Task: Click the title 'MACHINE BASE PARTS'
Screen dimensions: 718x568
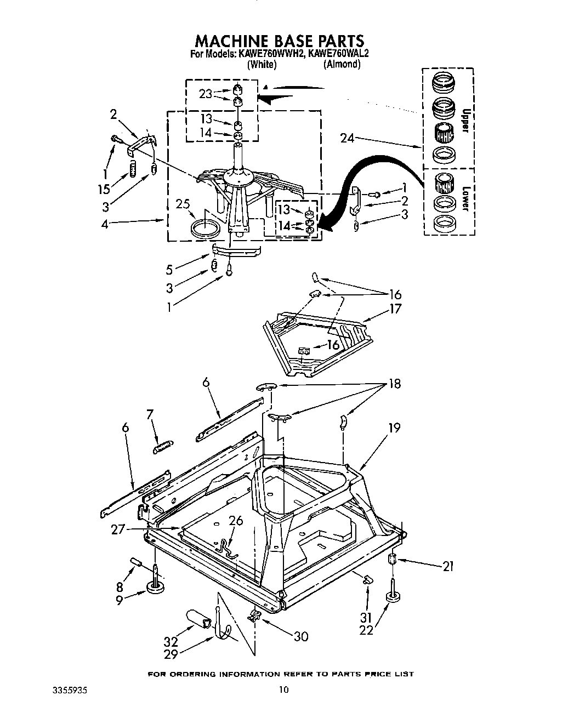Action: [279, 41]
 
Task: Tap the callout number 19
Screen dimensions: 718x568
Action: [394, 428]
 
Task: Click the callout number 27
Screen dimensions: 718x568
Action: [118, 528]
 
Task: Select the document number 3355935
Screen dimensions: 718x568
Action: [65, 690]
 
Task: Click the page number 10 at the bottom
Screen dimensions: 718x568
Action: [283, 690]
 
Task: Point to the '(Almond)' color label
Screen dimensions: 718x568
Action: [342, 64]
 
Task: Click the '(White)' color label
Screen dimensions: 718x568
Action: [261, 64]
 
